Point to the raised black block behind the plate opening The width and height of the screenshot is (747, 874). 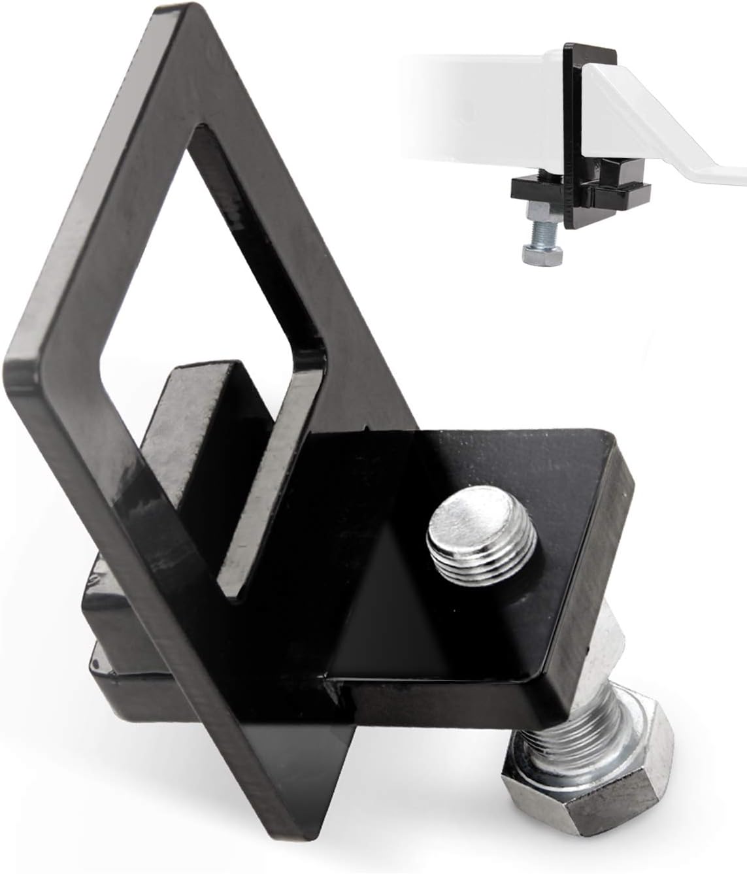coord(196,405)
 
